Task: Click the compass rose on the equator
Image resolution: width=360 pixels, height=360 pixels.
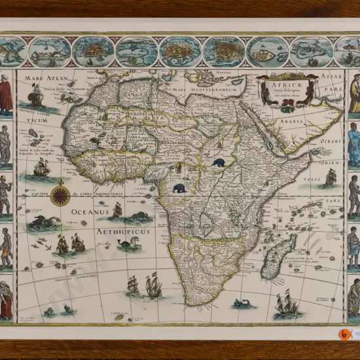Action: (60, 193)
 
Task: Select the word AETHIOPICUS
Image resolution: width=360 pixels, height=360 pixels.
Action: (123, 232)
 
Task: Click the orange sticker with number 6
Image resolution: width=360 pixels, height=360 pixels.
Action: (344, 334)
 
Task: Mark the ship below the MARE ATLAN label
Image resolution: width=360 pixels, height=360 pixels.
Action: (36, 98)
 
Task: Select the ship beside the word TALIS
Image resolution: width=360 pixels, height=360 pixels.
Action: (331, 176)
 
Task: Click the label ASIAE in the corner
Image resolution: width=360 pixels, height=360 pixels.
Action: (332, 77)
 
